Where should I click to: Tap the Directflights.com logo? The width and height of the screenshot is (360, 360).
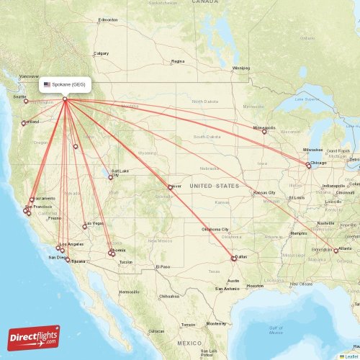point(35,337)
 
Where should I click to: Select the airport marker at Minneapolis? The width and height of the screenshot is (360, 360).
point(264,132)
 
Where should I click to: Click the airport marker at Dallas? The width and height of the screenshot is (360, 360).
point(233,258)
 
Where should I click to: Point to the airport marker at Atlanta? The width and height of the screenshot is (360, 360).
point(336,251)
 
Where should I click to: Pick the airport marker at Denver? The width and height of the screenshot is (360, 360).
point(170,187)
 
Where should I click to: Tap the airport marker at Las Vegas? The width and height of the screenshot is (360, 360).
point(85,226)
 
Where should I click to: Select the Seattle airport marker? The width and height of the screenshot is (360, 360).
point(26,102)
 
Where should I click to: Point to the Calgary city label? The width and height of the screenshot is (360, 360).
point(102,53)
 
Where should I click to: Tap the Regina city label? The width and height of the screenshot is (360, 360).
point(178,62)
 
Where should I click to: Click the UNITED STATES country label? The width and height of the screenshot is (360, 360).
point(214,186)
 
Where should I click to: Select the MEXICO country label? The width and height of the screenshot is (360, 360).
point(191,343)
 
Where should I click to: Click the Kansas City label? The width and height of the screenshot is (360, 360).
point(264,193)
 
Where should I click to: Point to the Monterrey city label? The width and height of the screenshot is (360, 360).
point(216,324)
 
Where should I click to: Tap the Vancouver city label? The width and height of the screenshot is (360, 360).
point(29,76)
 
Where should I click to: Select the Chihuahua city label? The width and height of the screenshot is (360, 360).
point(170,296)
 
